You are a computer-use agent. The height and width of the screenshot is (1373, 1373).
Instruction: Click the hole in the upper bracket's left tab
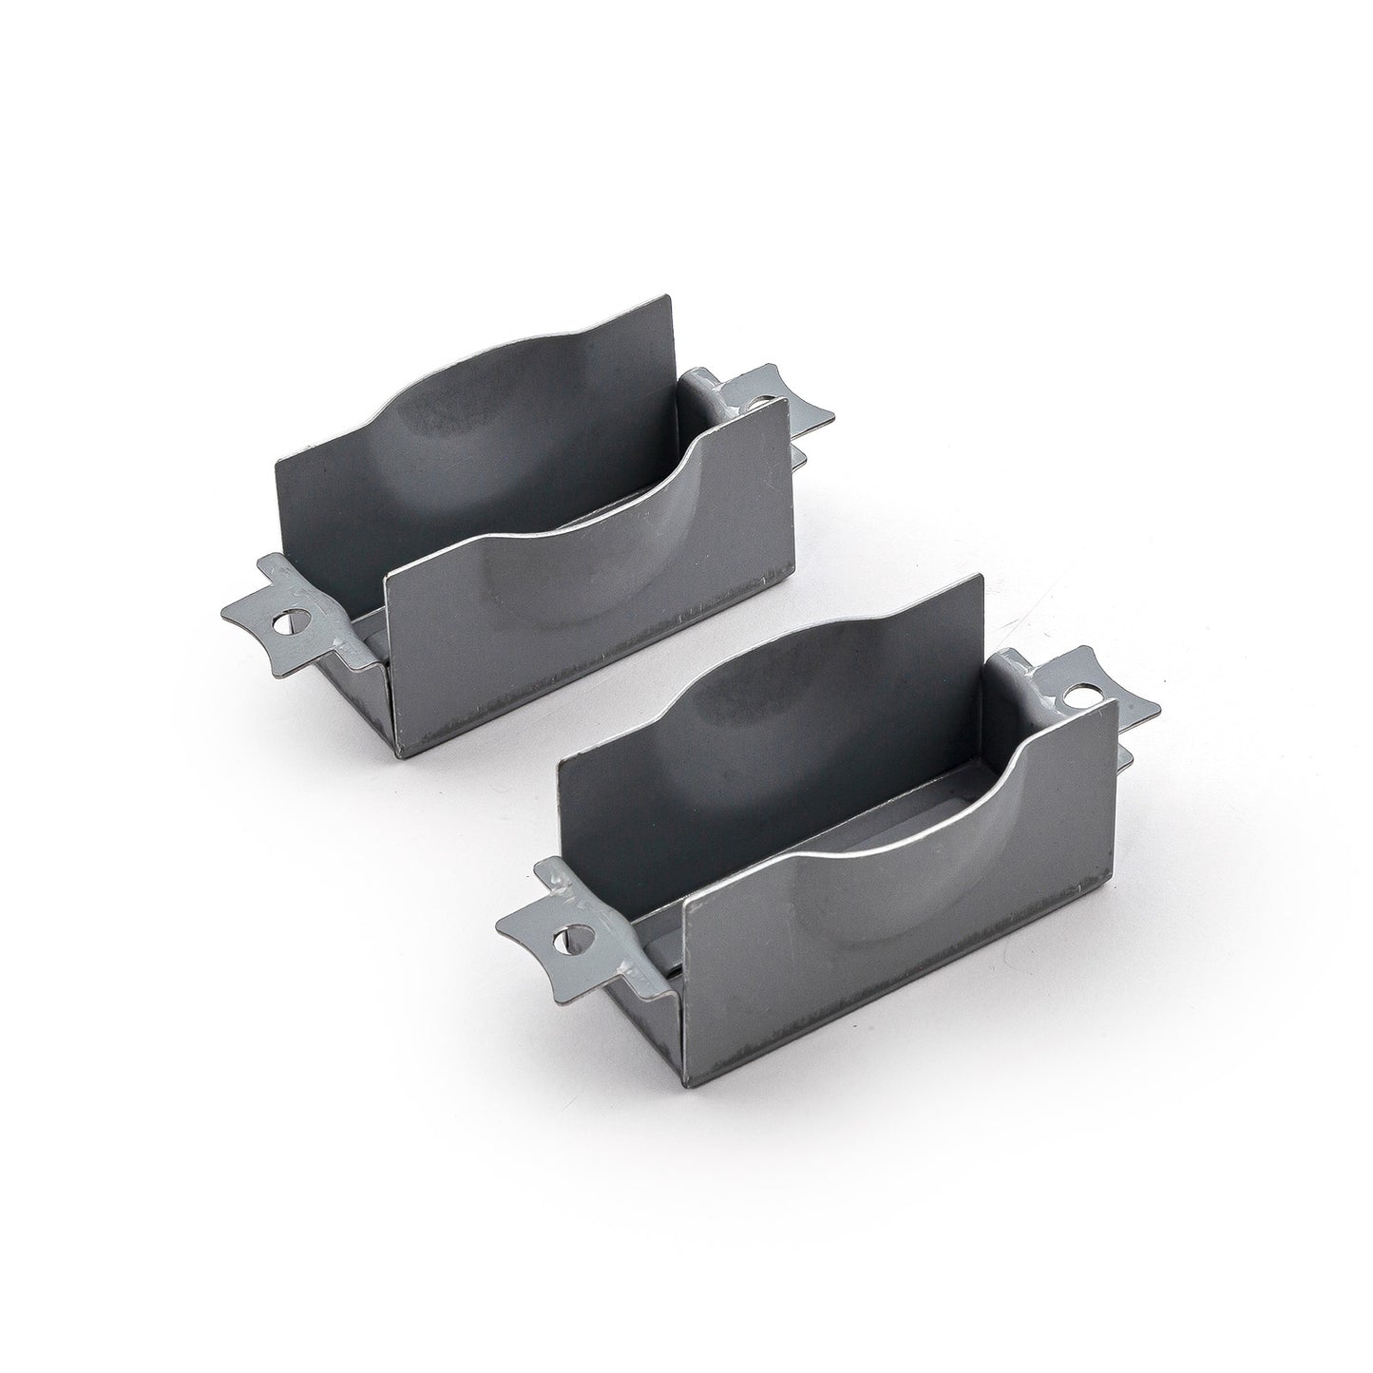tap(285, 624)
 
